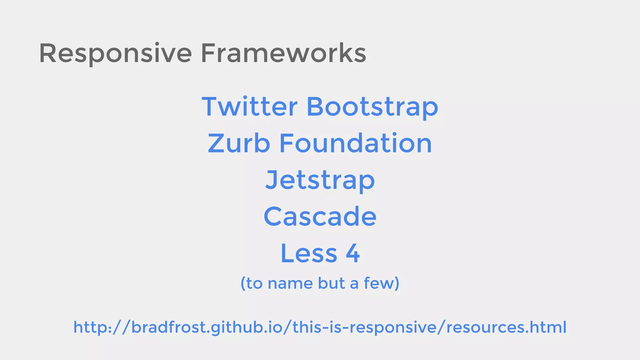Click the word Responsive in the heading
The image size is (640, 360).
pyautogui.click(x=115, y=54)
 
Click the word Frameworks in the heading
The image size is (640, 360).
pyautogui.click(x=283, y=53)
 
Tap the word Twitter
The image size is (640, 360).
pyautogui.click(x=249, y=107)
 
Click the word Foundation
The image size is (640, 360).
pyautogui.click(x=355, y=143)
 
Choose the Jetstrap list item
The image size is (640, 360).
pyautogui.click(x=320, y=180)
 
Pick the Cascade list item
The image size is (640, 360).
pyautogui.click(x=320, y=217)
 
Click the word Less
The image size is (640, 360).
pyautogui.click(x=309, y=253)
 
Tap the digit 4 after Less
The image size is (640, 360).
pyautogui.click(x=353, y=253)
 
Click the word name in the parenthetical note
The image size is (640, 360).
pyautogui.click(x=290, y=284)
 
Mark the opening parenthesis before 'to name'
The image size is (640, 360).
pyautogui.click(x=243, y=284)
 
